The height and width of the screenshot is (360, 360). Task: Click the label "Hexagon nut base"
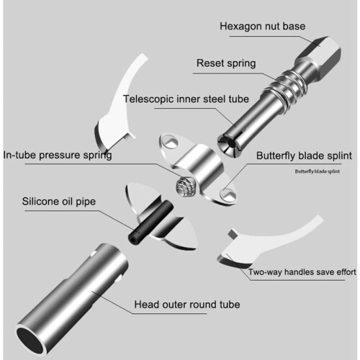pos(263,27)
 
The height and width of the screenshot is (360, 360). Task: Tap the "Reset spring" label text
pos(226,63)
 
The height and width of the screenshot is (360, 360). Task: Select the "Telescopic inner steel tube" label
pos(186,99)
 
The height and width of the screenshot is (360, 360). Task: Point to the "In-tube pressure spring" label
pos(58,156)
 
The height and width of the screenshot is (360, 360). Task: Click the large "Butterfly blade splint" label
pos(304,156)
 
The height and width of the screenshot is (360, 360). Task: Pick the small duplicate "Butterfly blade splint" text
pos(318,171)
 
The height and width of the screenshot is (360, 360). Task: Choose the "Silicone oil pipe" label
pos(59,202)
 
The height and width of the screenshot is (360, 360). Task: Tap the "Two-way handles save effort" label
pos(302,272)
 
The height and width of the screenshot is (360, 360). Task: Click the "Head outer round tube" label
pos(187,305)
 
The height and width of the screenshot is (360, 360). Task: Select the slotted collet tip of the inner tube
pos(230,143)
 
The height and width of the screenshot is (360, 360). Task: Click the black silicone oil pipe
pos(150,222)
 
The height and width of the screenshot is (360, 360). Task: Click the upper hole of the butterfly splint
pos(171,142)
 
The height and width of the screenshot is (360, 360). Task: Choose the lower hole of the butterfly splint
pos(228,194)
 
